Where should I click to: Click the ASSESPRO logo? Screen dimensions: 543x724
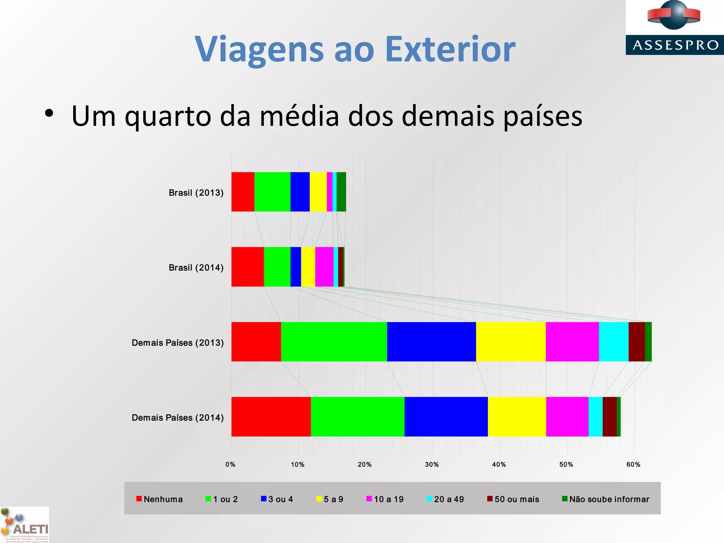(x=675, y=28)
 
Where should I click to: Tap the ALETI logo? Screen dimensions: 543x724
(x=25, y=525)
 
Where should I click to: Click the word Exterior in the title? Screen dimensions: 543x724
(x=450, y=49)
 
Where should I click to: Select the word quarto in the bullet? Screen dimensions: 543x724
(x=168, y=117)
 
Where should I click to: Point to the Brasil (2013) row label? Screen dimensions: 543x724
(x=196, y=193)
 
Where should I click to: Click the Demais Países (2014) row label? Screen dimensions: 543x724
(x=177, y=418)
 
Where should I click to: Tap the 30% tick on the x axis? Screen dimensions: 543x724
(x=432, y=465)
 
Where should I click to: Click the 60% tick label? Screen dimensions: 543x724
(x=633, y=465)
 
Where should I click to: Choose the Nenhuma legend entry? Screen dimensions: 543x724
(x=159, y=499)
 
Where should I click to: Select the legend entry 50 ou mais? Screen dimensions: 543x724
(x=513, y=499)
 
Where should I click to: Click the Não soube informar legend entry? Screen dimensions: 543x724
(x=606, y=499)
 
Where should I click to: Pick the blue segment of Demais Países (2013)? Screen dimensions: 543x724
(x=431, y=342)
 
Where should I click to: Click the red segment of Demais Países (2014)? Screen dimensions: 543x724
(x=271, y=417)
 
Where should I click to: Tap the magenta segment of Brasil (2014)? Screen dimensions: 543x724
(x=324, y=267)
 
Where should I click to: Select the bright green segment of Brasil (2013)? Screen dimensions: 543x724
(x=272, y=192)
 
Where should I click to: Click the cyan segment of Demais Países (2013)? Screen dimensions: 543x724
(x=614, y=342)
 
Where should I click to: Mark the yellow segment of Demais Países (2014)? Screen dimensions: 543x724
(x=517, y=417)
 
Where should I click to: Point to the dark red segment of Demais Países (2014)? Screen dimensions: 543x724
(x=609, y=417)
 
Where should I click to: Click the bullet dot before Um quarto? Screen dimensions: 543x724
(x=49, y=113)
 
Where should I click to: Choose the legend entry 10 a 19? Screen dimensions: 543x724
(x=385, y=499)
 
